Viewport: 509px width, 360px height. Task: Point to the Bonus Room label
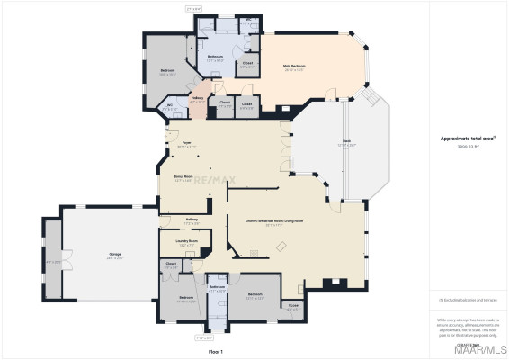pos(183,177)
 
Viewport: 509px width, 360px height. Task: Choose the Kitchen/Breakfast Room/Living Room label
pos(274,220)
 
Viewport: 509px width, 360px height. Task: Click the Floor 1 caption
pos(216,350)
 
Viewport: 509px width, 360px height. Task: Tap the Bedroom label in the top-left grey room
pos(167,73)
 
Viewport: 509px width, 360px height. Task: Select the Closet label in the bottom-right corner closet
pos(294,306)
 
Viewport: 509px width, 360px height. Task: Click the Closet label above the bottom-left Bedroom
pos(171,265)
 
